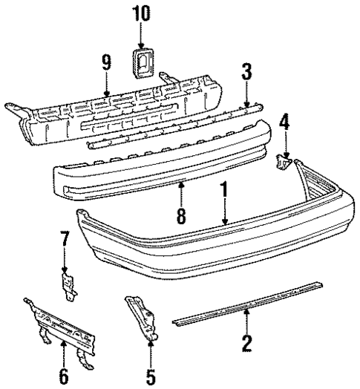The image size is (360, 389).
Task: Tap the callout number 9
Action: point(107,62)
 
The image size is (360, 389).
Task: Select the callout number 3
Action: point(246,72)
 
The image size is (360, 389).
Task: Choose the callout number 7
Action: point(64,240)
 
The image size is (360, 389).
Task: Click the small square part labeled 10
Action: point(142,64)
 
